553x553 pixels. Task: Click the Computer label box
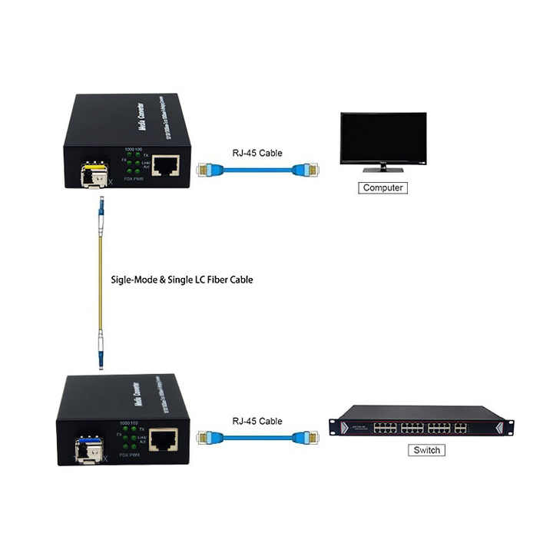point(383,187)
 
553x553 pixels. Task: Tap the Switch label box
point(426,450)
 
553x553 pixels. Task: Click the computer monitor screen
point(383,139)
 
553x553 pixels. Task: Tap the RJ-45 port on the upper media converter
point(165,164)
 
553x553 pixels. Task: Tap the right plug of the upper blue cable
point(304,168)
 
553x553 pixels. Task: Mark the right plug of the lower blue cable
point(304,438)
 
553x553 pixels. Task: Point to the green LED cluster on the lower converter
point(129,437)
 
